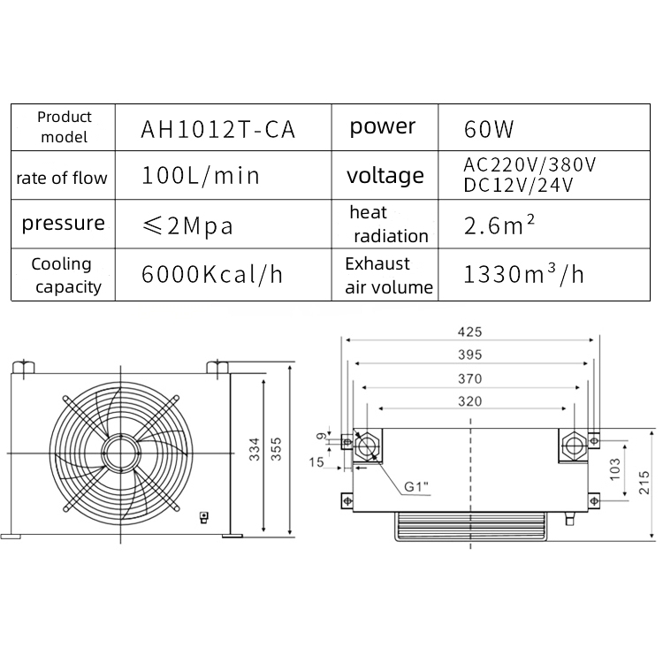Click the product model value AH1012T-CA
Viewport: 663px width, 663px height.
click(x=217, y=129)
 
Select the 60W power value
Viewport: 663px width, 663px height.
click(x=488, y=130)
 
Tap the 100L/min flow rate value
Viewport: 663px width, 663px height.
click(x=201, y=176)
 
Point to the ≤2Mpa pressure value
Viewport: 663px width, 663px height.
click(x=187, y=225)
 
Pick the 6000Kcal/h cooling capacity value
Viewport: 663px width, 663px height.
click(x=212, y=274)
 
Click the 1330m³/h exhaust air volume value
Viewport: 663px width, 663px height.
click(x=523, y=274)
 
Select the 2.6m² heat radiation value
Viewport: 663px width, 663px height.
click(x=499, y=225)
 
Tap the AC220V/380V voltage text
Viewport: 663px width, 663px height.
click(x=530, y=165)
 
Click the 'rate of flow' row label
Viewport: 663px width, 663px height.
click(x=62, y=178)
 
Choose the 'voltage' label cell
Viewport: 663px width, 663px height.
click(x=385, y=176)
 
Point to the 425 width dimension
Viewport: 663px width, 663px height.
click(x=469, y=332)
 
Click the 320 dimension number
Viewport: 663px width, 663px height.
click(x=469, y=401)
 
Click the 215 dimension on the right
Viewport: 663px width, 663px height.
click(x=644, y=482)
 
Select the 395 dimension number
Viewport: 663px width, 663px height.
click(x=469, y=355)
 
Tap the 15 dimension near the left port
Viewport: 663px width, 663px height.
click(x=316, y=461)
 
